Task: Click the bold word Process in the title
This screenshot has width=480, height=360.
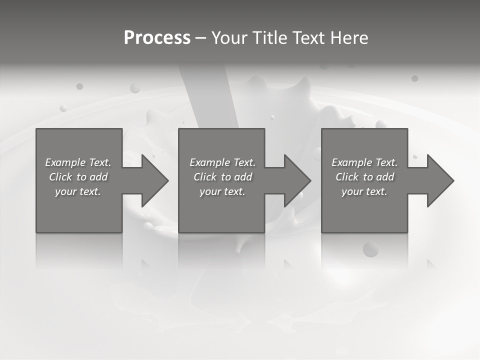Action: point(157,38)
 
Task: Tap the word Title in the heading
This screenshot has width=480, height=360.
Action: point(269,38)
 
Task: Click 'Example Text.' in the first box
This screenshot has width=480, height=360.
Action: point(78,162)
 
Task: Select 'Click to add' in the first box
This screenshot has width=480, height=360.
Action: point(78,177)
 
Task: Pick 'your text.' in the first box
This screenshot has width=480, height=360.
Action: point(78,191)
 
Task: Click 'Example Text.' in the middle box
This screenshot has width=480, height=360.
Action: point(222,162)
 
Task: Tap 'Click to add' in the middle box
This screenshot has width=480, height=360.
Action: point(222,177)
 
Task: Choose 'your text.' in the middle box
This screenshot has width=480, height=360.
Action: point(222,191)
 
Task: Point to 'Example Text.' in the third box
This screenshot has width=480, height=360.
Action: point(364,162)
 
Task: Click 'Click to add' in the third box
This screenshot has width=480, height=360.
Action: point(364,177)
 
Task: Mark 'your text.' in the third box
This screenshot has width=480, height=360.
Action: point(364,191)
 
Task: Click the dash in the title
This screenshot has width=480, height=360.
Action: point(200,38)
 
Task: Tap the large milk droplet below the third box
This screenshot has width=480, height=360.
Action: point(370,248)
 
